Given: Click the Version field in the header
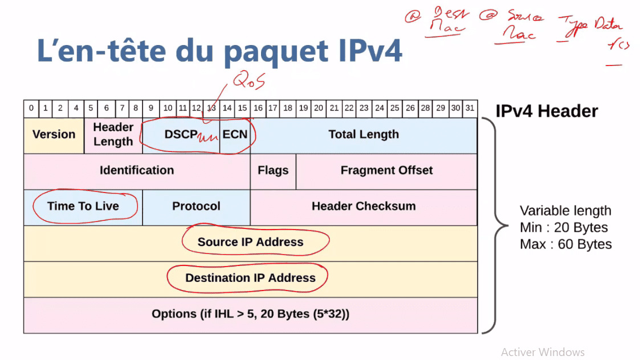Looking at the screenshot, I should [x=54, y=135].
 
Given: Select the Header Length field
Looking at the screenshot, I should [x=113, y=135].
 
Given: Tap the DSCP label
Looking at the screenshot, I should [x=181, y=135].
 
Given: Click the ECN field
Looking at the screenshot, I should [x=235, y=135].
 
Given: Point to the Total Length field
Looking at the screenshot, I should [x=364, y=135].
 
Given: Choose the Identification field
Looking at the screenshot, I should [x=137, y=170].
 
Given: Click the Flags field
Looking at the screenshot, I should [x=273, y=170].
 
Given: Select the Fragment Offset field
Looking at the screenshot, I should [x=386, y=170].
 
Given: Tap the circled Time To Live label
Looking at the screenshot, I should [x=83, y=206].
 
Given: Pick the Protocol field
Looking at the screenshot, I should [x=196, y=206].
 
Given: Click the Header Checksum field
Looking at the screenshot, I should [x=364, y=206].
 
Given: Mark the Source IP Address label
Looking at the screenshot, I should [x=250, y=242].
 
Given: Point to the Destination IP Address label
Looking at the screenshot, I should [x=250, y=278].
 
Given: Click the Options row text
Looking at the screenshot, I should [x=250, y=314].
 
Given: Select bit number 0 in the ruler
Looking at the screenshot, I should [x=31, y=108].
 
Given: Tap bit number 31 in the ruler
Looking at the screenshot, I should [x=470, y=108].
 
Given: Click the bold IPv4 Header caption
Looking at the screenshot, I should [x=547, y=111].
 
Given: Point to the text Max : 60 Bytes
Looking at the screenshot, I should [x=565, y=244].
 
